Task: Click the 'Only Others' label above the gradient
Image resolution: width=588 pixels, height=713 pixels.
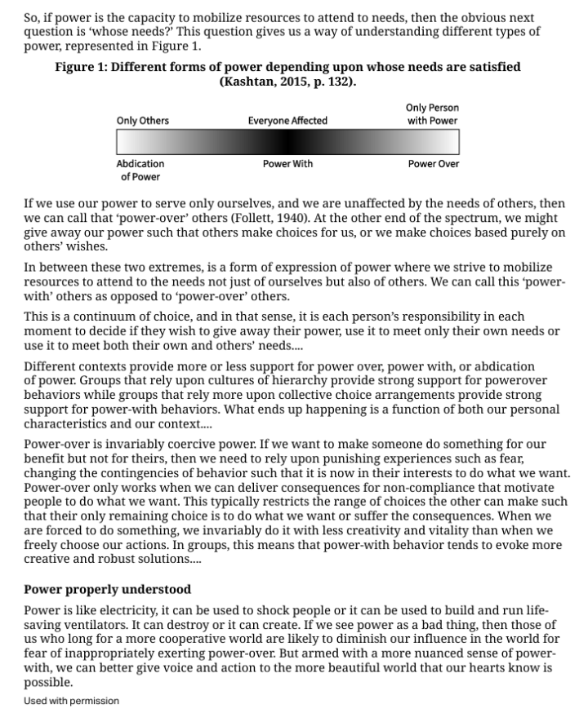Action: coord(143,121)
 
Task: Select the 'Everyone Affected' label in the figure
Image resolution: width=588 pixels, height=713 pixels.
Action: coord(287,121)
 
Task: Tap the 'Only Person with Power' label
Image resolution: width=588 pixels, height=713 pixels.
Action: coord(432,114)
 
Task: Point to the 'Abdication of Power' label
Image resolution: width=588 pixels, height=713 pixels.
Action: coord(140,170)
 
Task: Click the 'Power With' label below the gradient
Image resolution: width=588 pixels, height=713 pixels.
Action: coord(287,164)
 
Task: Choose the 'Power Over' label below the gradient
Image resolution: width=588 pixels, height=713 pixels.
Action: coord(434,164)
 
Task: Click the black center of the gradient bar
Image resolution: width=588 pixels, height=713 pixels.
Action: coord(287,143)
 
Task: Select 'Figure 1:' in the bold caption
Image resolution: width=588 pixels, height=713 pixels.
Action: coord(80,67)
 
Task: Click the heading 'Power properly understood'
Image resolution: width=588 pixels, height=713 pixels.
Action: coord(107,589)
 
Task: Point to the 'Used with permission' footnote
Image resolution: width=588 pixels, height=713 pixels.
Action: coord(71,701)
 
